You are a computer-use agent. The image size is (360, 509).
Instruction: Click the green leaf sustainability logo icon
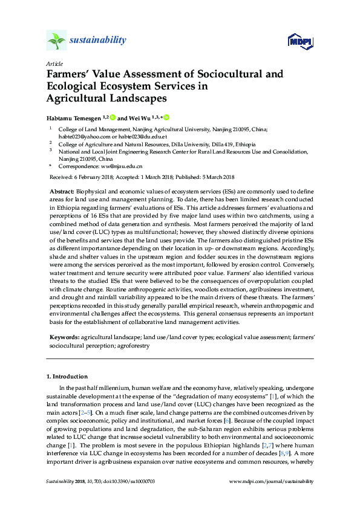[x=56, y=41]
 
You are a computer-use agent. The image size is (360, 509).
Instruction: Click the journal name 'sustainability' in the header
[x=99, y=41]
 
